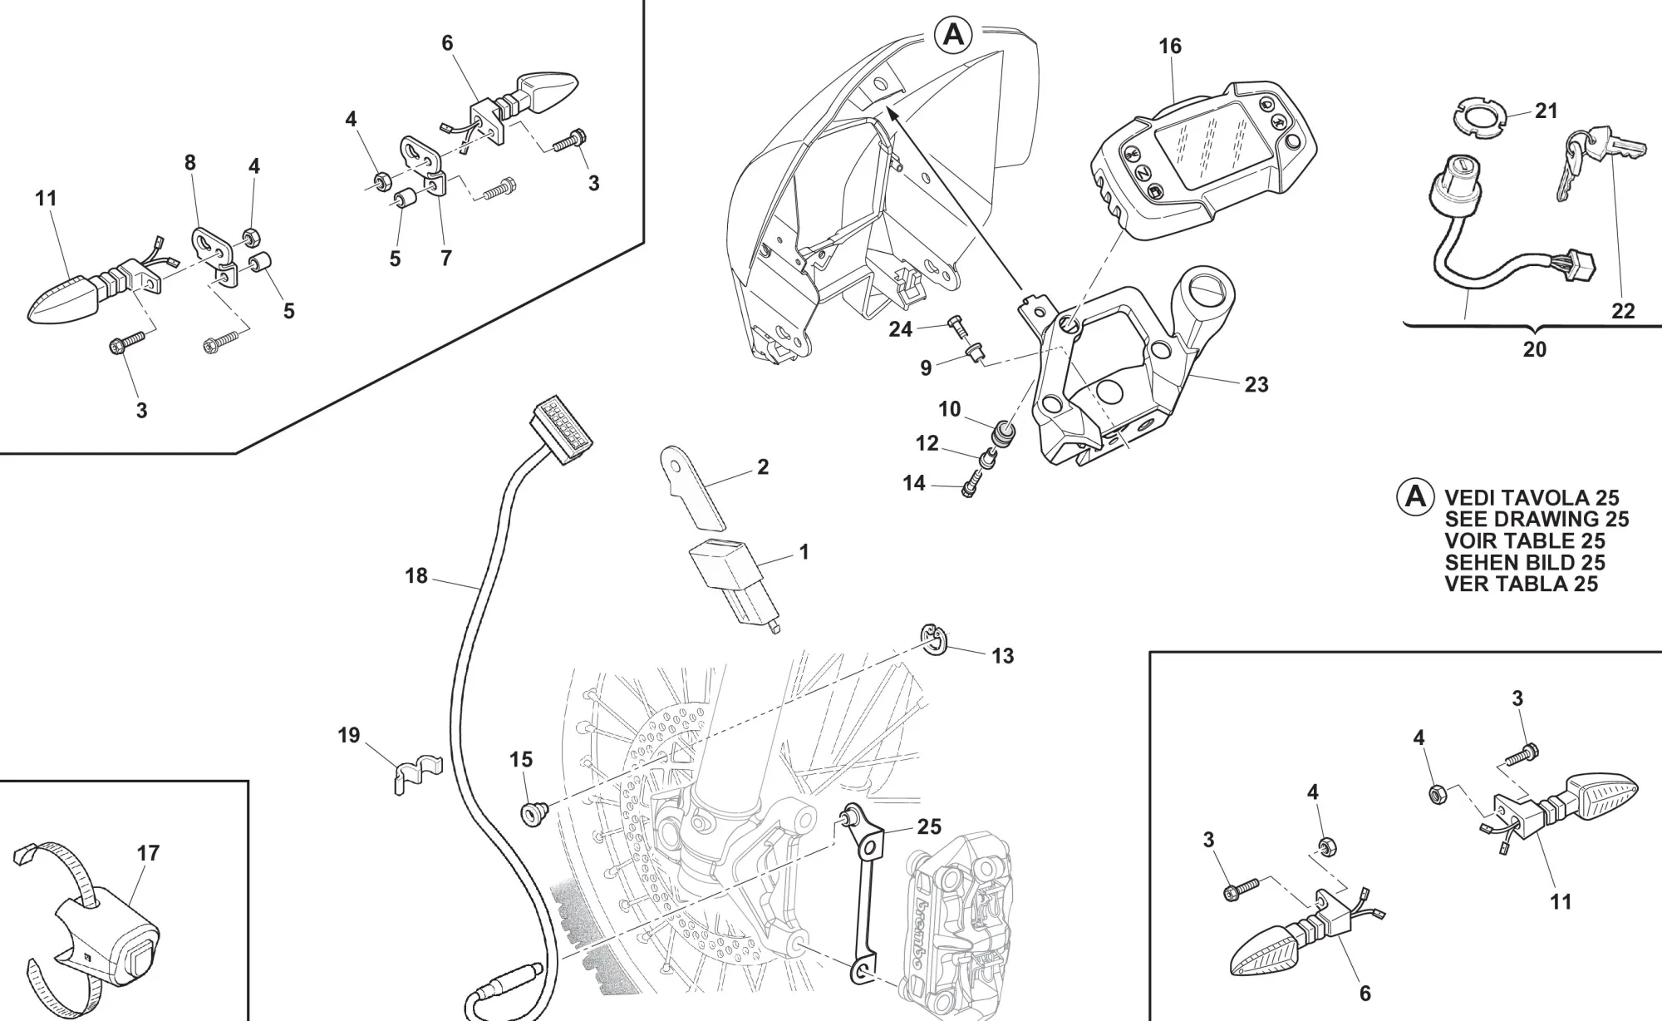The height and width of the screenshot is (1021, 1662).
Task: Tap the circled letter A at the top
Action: click(953, 36)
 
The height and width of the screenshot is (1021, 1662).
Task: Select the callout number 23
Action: click(1256, 384)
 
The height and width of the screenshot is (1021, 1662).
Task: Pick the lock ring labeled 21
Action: click(1479, 116)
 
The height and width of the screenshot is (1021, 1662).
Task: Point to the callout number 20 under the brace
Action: click(1534, 349)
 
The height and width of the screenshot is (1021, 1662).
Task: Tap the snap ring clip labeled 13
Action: click(935, 641)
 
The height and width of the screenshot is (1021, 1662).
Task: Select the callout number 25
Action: click(929, 826)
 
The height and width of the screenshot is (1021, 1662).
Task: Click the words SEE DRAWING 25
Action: click(1537, 520)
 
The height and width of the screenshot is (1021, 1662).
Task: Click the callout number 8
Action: click(190, 163)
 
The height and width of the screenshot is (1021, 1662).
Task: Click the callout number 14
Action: click(913, 483)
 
